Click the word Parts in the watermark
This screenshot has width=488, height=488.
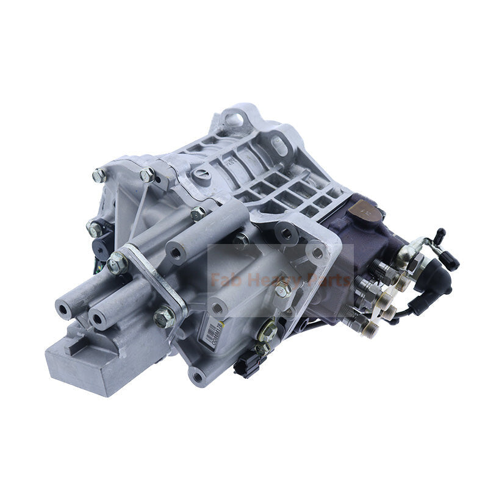coord(329,281)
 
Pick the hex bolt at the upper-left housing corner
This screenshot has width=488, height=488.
coord(99,176)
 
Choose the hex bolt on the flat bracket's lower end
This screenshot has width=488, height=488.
coord(164,317)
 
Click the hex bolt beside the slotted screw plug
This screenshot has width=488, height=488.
coord(147,176)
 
